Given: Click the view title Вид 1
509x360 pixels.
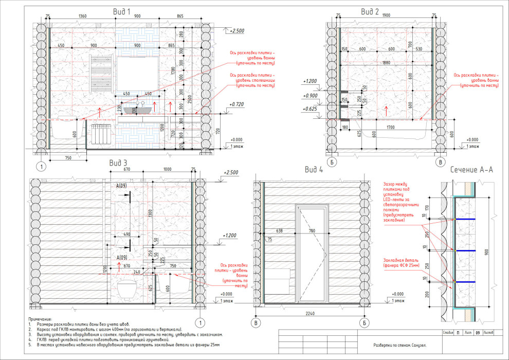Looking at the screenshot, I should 122,11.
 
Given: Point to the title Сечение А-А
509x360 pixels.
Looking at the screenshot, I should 471,170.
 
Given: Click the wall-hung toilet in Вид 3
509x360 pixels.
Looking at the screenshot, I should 125,290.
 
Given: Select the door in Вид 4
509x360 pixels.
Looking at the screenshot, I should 311,252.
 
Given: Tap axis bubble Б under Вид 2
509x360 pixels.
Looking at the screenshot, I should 333,163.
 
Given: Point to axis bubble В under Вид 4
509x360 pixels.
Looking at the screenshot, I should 255,323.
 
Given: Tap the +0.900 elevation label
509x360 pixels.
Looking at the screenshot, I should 312,96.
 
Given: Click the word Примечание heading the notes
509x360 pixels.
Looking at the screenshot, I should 41,319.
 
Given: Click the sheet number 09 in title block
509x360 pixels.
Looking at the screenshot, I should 478,333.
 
